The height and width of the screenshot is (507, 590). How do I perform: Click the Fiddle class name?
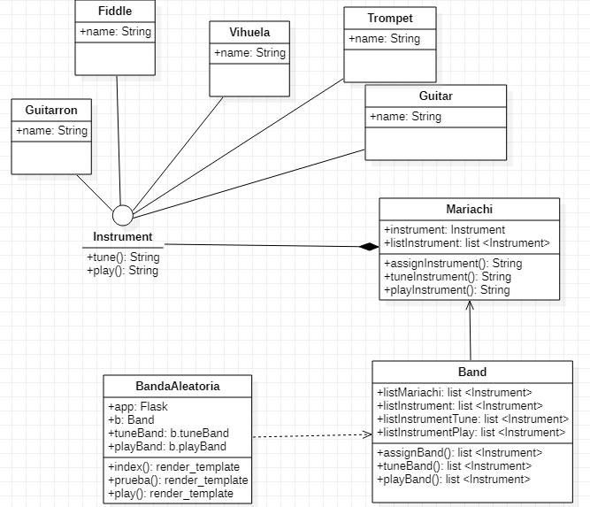pos(115,12)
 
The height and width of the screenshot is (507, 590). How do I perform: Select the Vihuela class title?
pos(249,33)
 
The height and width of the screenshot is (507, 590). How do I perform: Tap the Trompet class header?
pos(390,18)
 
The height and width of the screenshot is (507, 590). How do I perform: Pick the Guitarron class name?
pos(51,110)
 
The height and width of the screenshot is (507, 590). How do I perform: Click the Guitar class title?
pos(436,96)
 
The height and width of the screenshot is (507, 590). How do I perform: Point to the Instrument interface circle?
pos(122,215)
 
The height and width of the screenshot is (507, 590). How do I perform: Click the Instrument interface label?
pos(123,237)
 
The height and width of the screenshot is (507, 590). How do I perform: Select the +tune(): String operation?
pos(123,257)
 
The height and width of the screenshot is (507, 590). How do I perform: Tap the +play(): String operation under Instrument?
pos(123,270)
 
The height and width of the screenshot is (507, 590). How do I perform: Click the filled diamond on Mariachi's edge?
pos(368,247)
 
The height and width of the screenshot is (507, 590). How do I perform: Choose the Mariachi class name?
pos(470,209)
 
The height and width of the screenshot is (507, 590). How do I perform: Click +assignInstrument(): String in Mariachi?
pos(453,264)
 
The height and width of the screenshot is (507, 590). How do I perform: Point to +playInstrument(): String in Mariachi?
pos(447,289)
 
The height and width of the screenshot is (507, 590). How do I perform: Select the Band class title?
pos(471,372)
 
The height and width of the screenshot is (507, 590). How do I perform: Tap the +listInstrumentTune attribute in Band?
pos(471,419)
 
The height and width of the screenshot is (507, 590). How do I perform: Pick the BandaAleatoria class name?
pos(178,386)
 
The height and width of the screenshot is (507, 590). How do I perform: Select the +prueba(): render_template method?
pos(178,480)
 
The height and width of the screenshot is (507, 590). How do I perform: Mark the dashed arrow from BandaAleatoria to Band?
pos(310,435)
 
